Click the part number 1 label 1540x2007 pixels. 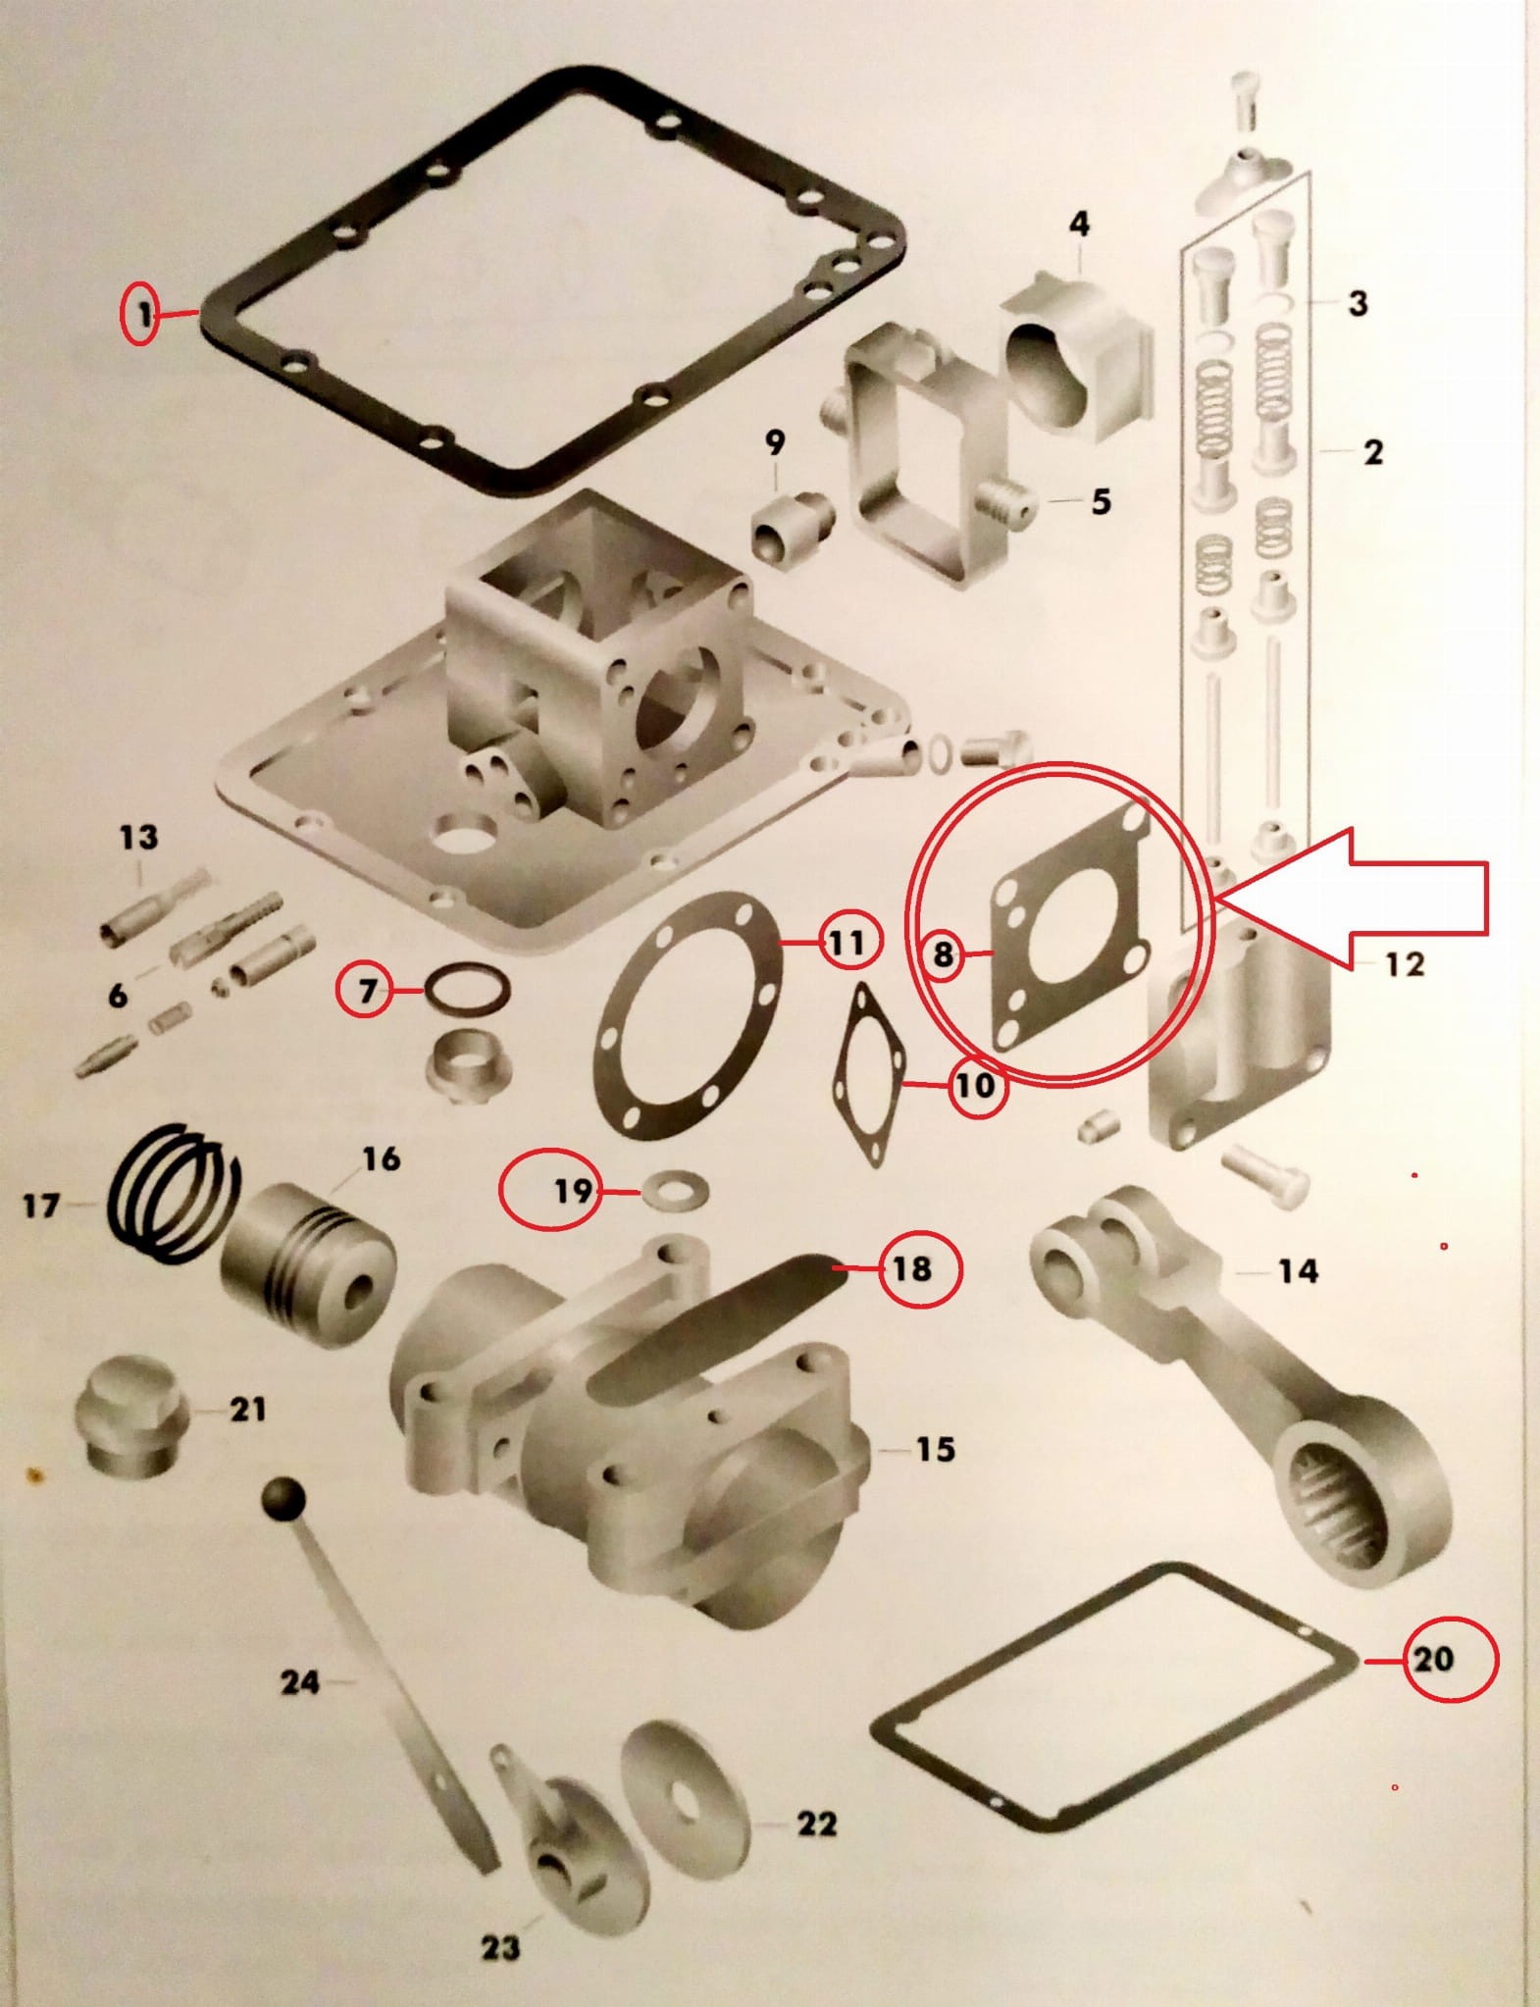pyautogui.click(x=144, y=315)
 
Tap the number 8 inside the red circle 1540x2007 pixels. pyautogui.click(x=943, y=952)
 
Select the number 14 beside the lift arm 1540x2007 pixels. pyautogui.click(x=1298, y=1271)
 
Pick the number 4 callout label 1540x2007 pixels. pyautogui.click(x=1079, y=225)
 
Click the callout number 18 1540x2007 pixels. pyautogui.click(x=911, y=1268)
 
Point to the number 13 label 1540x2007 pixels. pyautogui.click(x=138, y=837)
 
